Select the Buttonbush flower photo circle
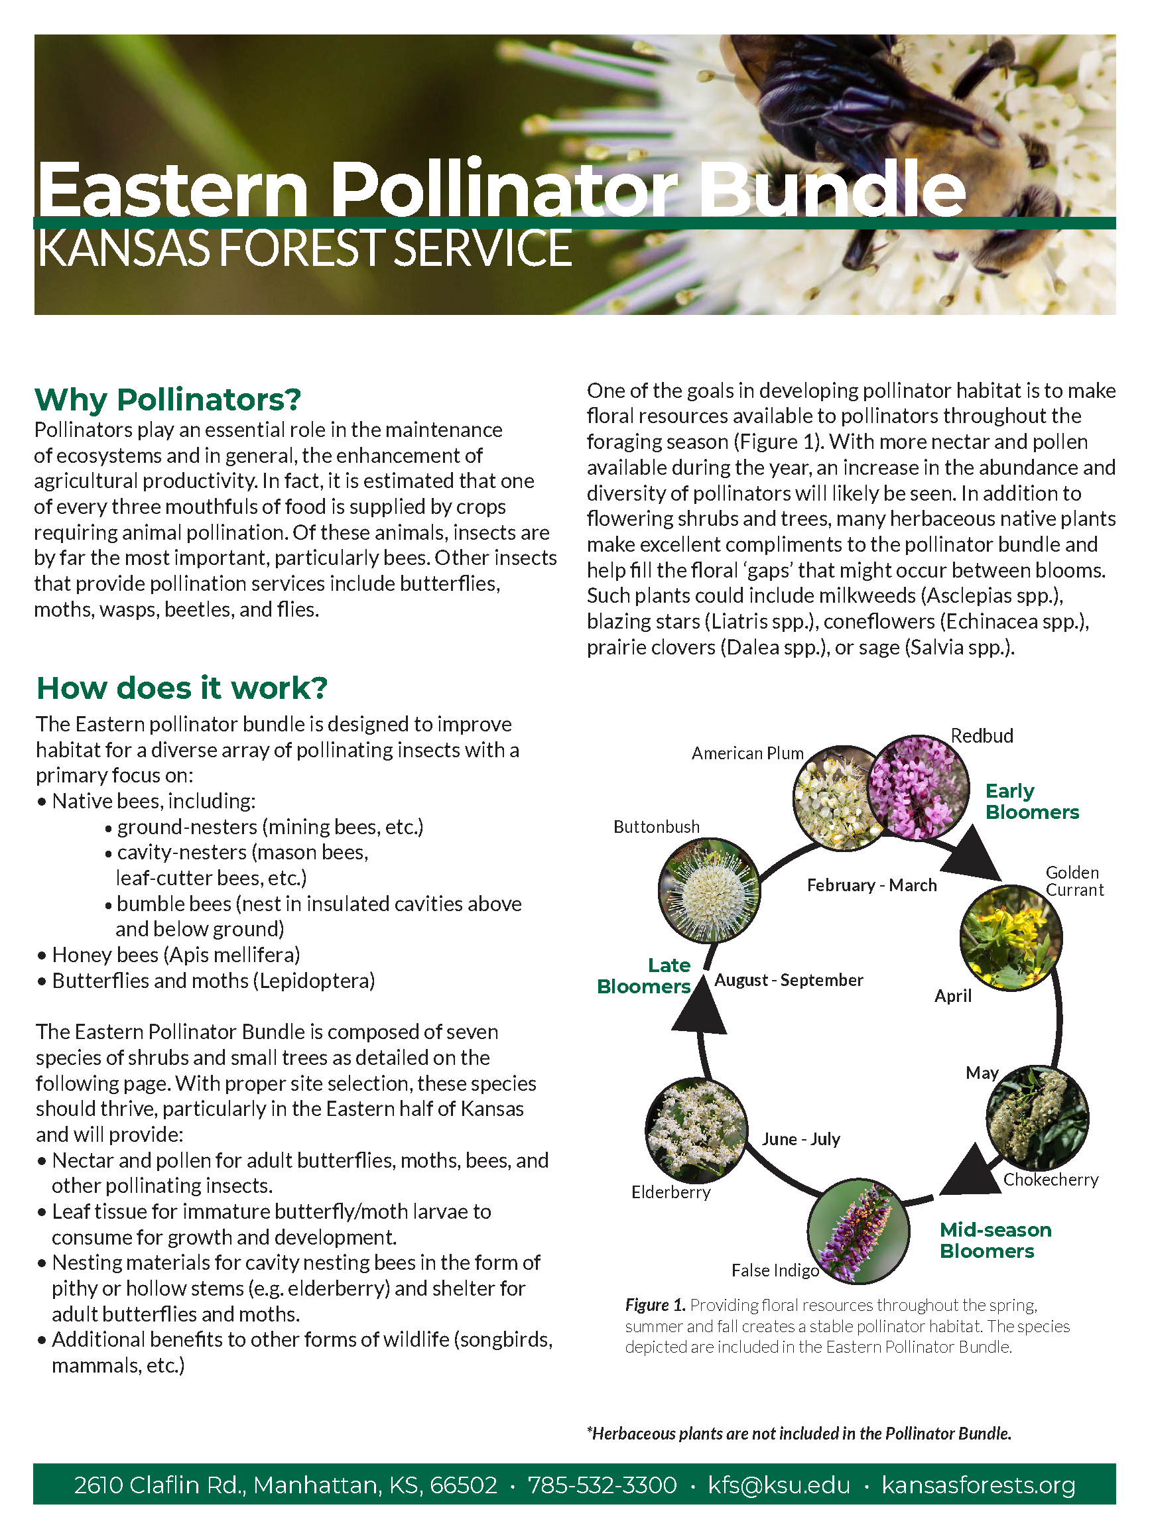click(709, 890)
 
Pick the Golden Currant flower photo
click(1010, 937)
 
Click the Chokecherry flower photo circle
click(1037, 1117)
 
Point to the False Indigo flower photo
click(858, 1231)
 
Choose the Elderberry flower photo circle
click(696, 1130)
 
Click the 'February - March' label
click(871, 885)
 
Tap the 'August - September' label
click(789, 979)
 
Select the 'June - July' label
click(800, 1139)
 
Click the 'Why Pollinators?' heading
click(168, 399)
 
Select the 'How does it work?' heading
click(182, 688)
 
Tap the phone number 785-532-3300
click(602, 1485)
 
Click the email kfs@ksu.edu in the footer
click(779, 1485)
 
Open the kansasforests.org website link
click(978, 1485)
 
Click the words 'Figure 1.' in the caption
click(655, 1304)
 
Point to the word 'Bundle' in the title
click(832, 189)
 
